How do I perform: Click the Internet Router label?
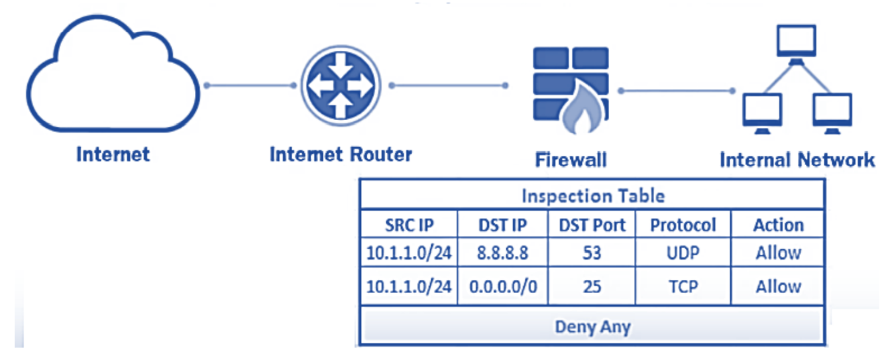click(x=341, y=155)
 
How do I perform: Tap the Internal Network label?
click(x=797, y=160)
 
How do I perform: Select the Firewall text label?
click(x=571, y=160)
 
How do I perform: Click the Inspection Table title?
click(x=592, y=196)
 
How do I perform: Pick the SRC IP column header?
click(x=410, y=225)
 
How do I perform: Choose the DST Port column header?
click(x=592, y=225)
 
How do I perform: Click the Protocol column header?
click(x=683, y=225)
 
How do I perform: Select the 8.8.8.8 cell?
click(x=502, y=253)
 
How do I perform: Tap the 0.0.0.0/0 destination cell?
click(x=502, y=287)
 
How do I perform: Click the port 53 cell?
click(x=592, y=253)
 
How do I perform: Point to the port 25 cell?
click(x=592, y=287)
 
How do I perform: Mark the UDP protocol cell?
click(x=683, y=253)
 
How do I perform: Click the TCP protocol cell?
click(x=683, y=287)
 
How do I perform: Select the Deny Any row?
click(x=592, y=326)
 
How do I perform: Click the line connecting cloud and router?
click(x=250, y=86)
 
